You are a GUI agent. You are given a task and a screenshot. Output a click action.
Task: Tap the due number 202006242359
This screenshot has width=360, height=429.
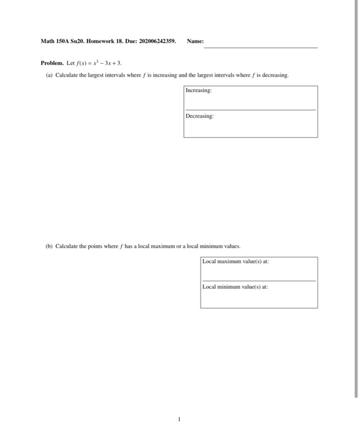coord(155,42)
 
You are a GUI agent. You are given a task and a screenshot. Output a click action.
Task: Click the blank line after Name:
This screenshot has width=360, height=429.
coord(261,47)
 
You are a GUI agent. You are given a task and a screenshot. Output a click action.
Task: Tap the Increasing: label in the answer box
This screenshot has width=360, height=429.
coord(199,90)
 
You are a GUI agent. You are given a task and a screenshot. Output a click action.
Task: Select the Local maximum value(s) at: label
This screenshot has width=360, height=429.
coord(236,262)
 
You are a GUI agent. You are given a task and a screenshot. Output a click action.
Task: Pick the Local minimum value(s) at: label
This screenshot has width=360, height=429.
coord(236,286)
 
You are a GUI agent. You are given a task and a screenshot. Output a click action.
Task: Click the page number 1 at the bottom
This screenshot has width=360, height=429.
coord(178,419)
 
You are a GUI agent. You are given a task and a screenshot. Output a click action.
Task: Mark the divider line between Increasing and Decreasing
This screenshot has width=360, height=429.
coord(250,110)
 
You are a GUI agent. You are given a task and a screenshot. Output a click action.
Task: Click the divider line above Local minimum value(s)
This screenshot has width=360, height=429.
coord(259,281)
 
